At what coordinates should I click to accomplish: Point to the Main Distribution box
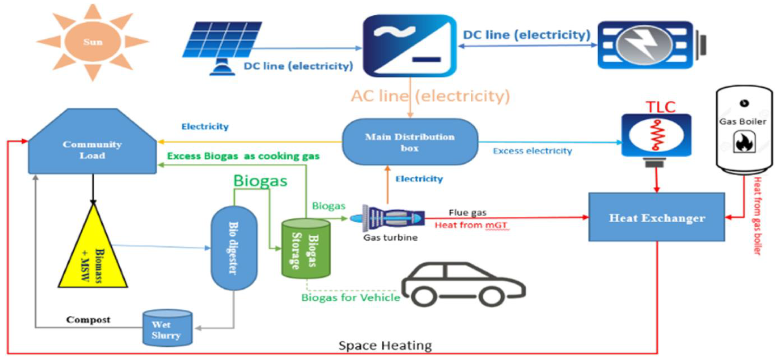[x=410, y=142]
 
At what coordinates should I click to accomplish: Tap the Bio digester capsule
[x=234, y=248]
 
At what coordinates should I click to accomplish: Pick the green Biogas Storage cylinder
[x=305, y=248]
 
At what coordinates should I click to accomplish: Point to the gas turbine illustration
[x=389, y=217]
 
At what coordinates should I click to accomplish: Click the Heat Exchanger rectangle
[x=657, y=217]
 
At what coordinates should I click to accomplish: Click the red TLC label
[x=660, y=107]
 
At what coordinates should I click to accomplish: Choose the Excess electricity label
[x=532, y=151]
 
